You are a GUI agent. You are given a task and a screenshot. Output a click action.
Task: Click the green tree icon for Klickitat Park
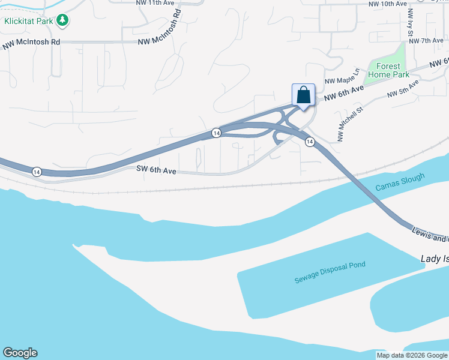(x=62, y=21)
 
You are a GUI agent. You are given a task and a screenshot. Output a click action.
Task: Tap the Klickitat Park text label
(x=28, y=22)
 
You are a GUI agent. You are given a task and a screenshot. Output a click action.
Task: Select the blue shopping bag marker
(x=303, y=95)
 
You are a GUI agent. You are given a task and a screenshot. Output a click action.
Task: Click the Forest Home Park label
(x=393, y=71)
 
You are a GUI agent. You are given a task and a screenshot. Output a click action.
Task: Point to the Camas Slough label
(x=400, y=182)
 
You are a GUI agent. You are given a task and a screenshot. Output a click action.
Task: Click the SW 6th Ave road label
(x=155, y=172)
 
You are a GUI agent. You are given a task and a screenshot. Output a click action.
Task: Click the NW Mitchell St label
(x=351, y=125)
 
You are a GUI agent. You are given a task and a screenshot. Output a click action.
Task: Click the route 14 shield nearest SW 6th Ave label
(x=37, y=171)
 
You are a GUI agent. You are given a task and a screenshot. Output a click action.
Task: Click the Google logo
(x=20, y=353)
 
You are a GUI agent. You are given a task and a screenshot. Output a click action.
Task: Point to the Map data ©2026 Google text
(x=412, y=355)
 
